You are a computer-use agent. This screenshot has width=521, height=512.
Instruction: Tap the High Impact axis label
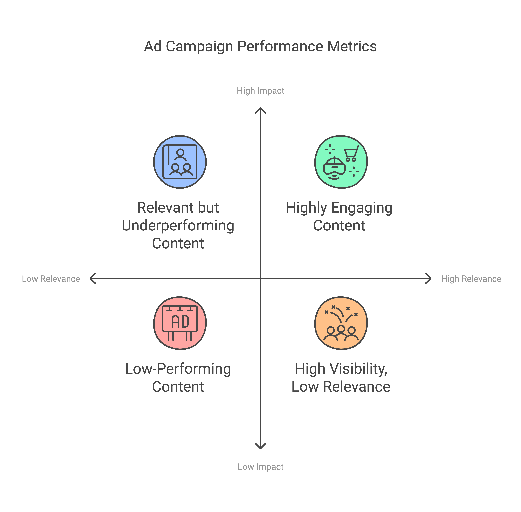260,91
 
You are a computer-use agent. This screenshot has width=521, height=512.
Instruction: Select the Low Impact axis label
260,467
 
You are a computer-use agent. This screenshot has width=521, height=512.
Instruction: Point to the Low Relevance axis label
51,279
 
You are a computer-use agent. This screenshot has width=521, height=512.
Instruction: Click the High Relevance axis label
471,279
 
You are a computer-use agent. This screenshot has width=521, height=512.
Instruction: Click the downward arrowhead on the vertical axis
260,447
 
